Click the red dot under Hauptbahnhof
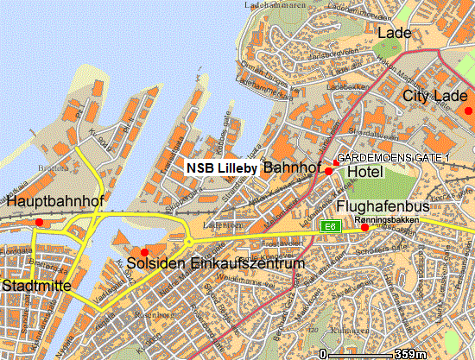pyautogui.click(x=39, y=222)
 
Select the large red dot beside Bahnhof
pyautogui.click(x=328, y=172)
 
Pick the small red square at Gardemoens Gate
pyautogui.click(x=336, y=163)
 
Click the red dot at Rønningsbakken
pyautogui.click(x=364, y=227)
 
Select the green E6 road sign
pyautogui.click(x=328, y=225)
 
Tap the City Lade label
pyautogui.click(x=433, y=96)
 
